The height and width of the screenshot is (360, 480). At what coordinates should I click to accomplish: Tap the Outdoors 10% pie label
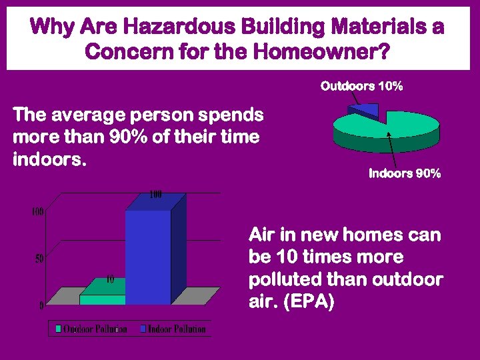click(361, 86)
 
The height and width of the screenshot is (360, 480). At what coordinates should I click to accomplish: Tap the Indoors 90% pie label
click(405, 174)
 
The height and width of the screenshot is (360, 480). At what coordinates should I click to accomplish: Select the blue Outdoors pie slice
click(367, 109)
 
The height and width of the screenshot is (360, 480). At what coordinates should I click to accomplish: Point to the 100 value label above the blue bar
click(155, 195)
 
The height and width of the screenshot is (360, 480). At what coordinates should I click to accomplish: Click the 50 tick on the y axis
click(39, 259)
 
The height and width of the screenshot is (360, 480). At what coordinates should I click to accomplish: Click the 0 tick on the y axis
click(41, 306)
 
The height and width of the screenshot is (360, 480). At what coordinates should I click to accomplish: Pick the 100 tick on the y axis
click(37, 212)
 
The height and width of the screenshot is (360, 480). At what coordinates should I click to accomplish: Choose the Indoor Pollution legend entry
click(176, 329)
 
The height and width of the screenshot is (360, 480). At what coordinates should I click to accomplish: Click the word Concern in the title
click(123, 51)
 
